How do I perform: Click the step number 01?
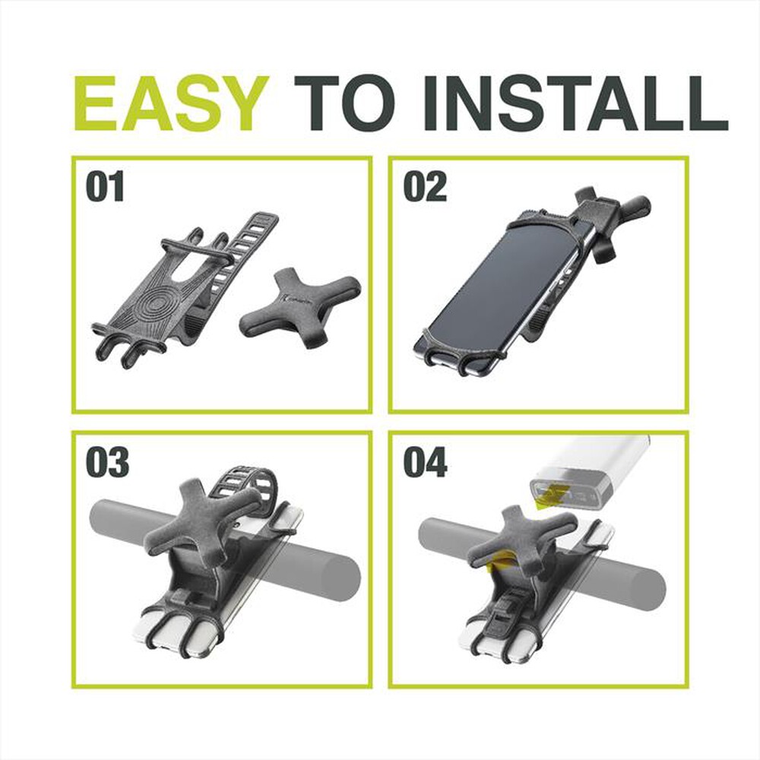click(105, 187)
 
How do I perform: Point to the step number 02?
click(425, 187)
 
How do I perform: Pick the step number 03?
click(108, 462)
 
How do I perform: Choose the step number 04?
click(426, 462)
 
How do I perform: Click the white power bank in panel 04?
click(591, 473)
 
